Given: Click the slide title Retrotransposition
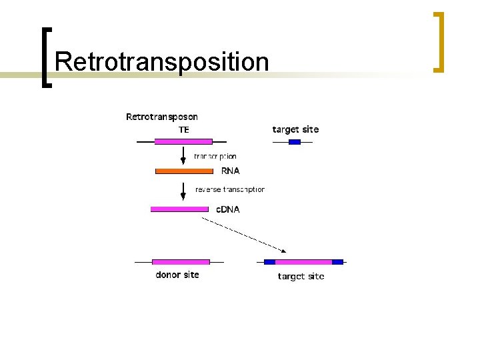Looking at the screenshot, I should [x=162, y=62].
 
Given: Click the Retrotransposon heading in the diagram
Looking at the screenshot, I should [x=162, y=117].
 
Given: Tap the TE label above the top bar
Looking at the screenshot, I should [x=183, y=130].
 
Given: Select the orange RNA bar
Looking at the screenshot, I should [x=184, y=171].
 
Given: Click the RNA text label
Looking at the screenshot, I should [x=230, y=171].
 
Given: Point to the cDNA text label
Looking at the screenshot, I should [x=227, y=209].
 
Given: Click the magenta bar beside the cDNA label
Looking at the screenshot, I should [x=179, y=209].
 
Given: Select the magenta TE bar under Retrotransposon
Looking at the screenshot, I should [x=183, y=141].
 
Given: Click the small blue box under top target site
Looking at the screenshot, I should [x=295, y=141].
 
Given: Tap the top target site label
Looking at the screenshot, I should [x=295, y=129].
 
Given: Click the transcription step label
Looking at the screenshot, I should [x=215, y=157].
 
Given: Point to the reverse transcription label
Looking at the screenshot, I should [x=229, y=189].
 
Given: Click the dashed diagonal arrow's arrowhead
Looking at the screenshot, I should [x=283, y=251].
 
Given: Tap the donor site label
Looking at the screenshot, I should [x=177, y=275].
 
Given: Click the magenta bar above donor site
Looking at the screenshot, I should [x=181, y=262].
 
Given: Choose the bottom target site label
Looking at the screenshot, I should [x=301, y=276].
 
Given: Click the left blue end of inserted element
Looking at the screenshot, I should [x=269, y=262].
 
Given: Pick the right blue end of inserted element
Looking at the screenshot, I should [x=337, y=262].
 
